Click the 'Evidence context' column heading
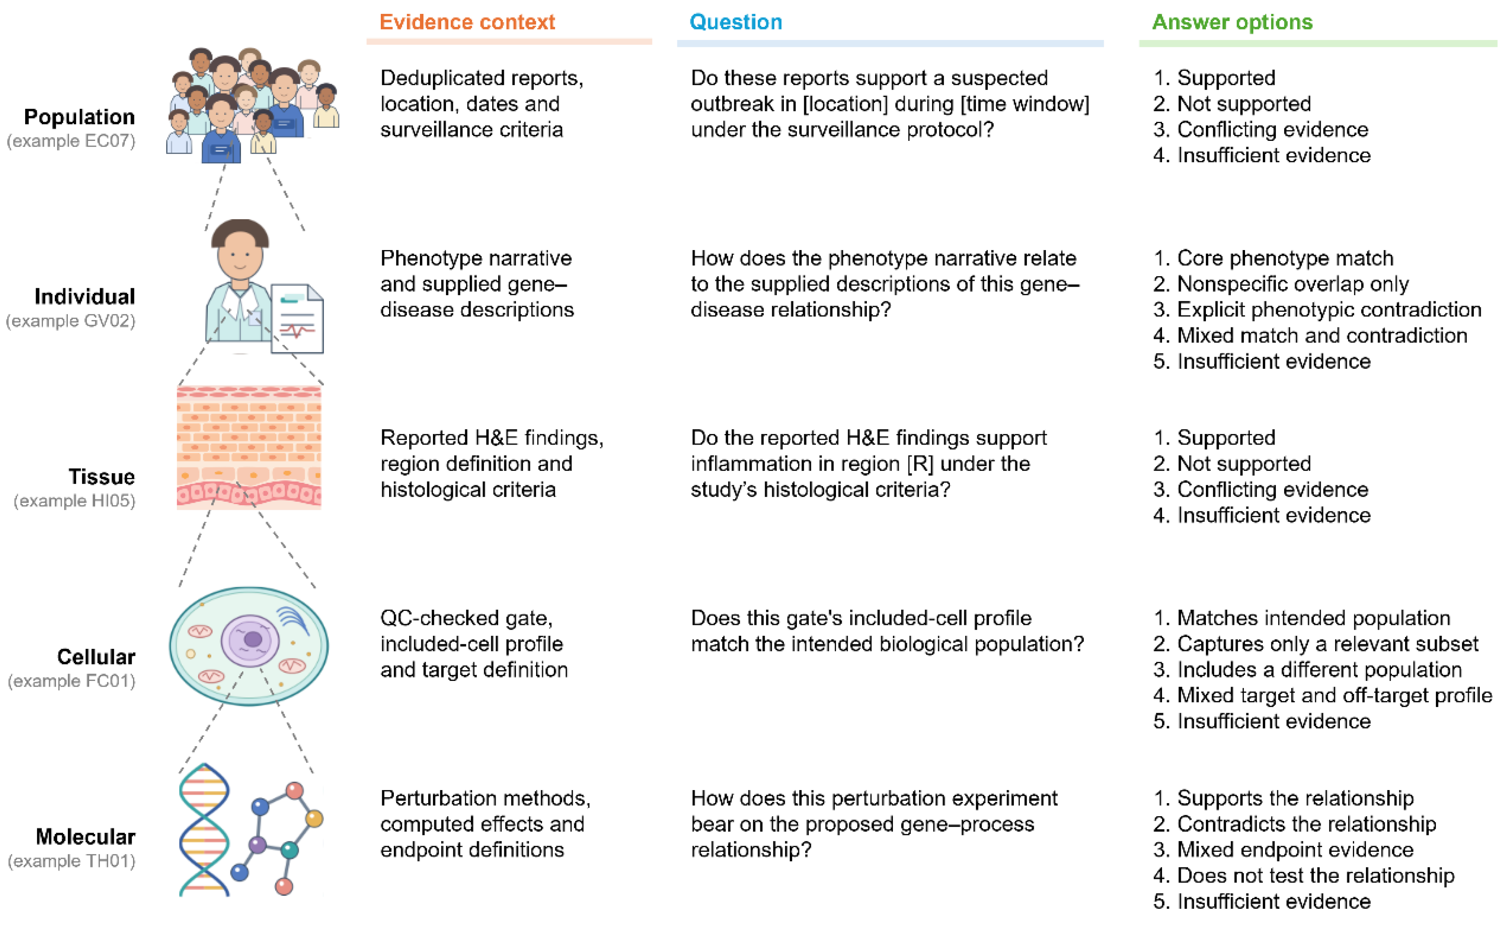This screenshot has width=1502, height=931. pos(467,22)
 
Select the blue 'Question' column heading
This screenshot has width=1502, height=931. pos(736,22)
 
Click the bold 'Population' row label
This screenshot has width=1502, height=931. pos(80,117)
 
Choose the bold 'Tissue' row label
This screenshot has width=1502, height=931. pos(102,477)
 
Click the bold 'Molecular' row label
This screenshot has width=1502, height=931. pos(86,836)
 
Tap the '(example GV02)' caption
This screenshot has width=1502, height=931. pos(71,321)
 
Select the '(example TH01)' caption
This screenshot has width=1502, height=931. pos(71,861)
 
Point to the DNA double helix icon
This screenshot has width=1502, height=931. pos(204,829)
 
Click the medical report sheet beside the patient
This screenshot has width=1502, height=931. pos(297,318)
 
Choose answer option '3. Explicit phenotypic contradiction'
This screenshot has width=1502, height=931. pos(1317,309)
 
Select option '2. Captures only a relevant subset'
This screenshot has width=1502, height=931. pos(1315,644)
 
